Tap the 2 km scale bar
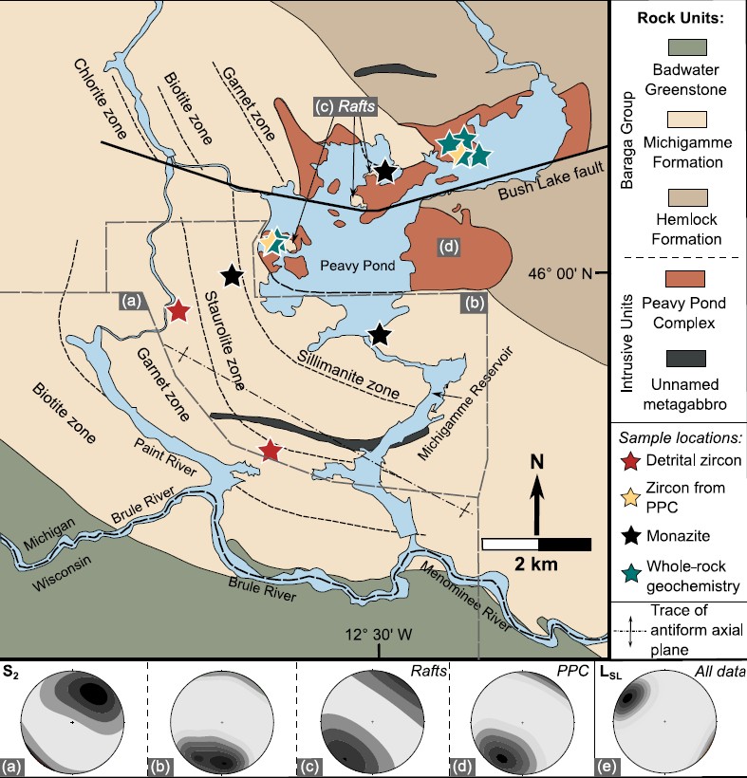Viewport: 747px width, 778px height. tap(538, 545)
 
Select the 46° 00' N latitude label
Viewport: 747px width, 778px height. tap(563, 274)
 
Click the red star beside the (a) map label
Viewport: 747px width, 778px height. tap(177, 310)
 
